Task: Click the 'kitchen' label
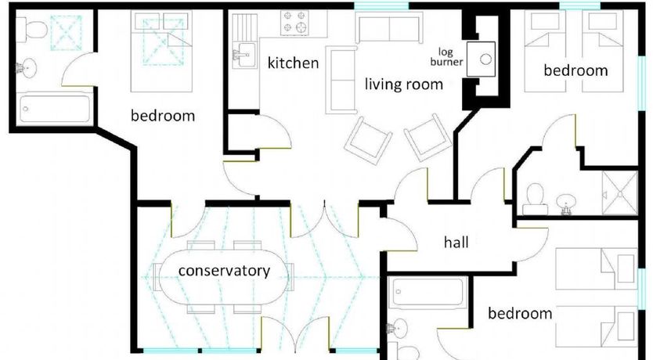pos(293,63)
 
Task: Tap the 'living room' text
pos(403,84)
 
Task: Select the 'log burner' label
pos(446,57)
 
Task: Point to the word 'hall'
pos(456,242)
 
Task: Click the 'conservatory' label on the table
pos(224,271)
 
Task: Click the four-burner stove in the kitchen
pos(295,23)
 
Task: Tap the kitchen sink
pos(245,55)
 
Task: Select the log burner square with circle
pos(481,59)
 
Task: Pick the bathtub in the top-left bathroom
pos(55,109)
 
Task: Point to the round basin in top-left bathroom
pos(27,68)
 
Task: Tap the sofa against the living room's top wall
pos(388,27)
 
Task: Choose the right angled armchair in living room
pos(428,137)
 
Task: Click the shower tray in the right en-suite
pos(619,193)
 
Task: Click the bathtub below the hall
pos(428,293)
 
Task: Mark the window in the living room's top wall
pos(381,5)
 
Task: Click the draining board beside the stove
pos(245,27)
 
